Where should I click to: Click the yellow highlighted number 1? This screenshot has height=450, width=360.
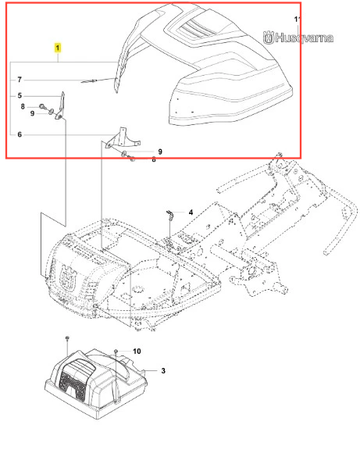pyautogui.click(x=58, y=48)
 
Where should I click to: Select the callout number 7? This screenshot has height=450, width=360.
pyautogui.click(x=20, y=80)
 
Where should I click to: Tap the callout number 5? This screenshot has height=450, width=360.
pyautogui.click(x=20, y=95)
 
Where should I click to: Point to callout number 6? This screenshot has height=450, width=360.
pyautogui.click(x=20, y=134)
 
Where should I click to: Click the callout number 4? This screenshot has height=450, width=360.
pyautogui.click(x=191, y=212)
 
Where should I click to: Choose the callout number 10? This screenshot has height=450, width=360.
pyautogui.click(x=137, y=352)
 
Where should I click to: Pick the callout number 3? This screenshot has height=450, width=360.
pyautogui.click(x=163, y=371)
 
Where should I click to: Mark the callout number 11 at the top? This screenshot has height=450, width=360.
pyautogui.click(x=298, y=20)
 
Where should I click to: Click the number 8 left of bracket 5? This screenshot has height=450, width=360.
pyautogui.click(x=23, y=107)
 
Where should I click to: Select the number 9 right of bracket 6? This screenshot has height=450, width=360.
pyautogui.click(x=160, y=152)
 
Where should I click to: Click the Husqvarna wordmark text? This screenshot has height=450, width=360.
pyautogui.click(x=304, y=37)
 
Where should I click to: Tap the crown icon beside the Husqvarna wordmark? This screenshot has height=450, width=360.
pyautogui.click(x=269, y=37)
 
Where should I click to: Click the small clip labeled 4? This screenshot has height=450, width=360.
pyautogui.click(x=169, y=215)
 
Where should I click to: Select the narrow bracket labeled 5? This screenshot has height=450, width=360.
pyautogui.click(x=61, y=106)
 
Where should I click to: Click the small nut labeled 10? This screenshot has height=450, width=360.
pyautogui.click(x=116, y=352)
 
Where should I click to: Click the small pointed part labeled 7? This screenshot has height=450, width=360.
pyautogui.click(x=89, y=81)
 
